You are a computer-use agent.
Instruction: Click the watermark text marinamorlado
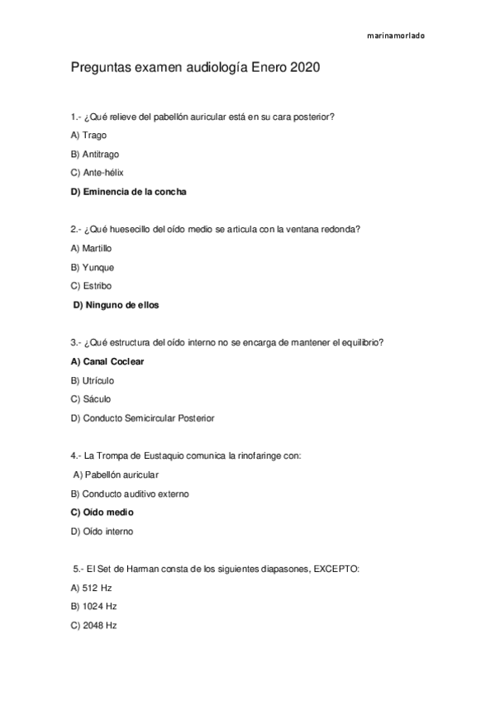pos(396,36)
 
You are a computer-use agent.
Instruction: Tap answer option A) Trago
pos(89,135)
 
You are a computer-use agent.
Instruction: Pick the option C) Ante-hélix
pos(98,173)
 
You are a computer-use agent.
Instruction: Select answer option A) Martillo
pos(92,248)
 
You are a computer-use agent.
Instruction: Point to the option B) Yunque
pos(93,267)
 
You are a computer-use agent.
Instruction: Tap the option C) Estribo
pos(92,286)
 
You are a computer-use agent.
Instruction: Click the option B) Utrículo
pos(93,380)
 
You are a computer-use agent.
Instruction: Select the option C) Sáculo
pos(91,399)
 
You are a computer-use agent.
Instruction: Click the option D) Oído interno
pos(102,532)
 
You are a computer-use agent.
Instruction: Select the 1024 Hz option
pos(94,607)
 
